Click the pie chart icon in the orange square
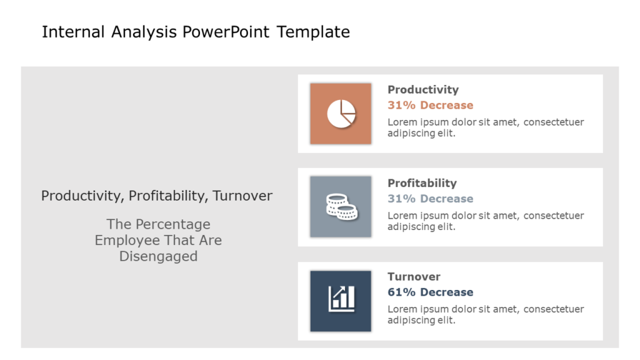(341, 114)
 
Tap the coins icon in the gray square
(342, 206)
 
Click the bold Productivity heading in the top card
(423, 90)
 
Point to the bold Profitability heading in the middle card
(422, 183)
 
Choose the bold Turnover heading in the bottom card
(414, 277)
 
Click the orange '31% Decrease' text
(430, 105)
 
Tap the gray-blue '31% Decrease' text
(430, 199)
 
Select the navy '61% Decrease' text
(430, 292)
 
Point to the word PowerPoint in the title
(226, 32)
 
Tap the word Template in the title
(313, 32)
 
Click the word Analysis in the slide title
(144, 32)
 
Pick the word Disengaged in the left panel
(158, 256)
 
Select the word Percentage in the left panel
(173, 224)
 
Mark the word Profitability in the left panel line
(169, 196)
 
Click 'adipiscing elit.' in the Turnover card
(421, 321)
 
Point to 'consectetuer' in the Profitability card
(554, 216)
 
